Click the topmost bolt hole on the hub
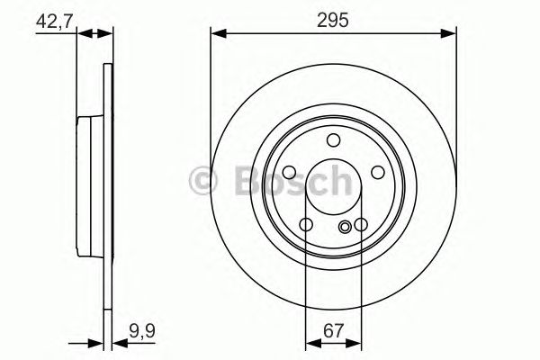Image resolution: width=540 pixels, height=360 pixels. click(x=333, y=139)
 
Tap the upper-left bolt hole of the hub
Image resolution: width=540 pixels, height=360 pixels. click(x=290, y=173)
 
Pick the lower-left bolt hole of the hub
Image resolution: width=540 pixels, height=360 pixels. click(x=306, y=225)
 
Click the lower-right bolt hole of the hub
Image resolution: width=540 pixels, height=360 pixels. click(x=361, y=225)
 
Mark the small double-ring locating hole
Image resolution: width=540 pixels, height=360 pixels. click(x=346, y=228)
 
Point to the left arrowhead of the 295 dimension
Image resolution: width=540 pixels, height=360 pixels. click(x=217, y=35)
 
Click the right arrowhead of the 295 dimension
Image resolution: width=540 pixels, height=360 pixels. click(x=449, y=35)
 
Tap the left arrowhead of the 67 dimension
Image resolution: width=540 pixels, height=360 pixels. click(x=311, y=343)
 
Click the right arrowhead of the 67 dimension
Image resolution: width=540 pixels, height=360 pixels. click(x=355, y=343)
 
